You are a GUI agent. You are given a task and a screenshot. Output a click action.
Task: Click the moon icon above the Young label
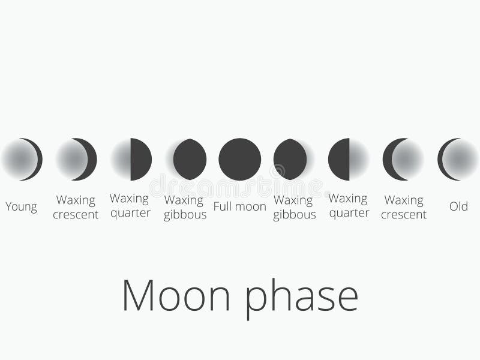pyautogui.click(x=22, y=159)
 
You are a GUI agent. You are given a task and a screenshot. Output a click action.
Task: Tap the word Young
pyautogui.click(x=21, y=207)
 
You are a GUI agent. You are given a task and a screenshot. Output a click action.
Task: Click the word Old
pyautogui.click(x=458, y=206)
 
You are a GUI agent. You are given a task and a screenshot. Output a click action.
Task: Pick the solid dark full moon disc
pyautogui.click(x=239, y=159)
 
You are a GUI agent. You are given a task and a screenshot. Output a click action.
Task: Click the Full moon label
pyautogui.click(x=239, y=206)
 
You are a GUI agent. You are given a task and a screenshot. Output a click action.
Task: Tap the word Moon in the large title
pyautogui.click(x=176, y=295)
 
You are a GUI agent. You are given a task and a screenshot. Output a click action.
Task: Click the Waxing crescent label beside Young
pyautogui.click(x=76, y=207)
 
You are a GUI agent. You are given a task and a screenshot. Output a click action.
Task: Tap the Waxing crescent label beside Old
pyautogui.click(x=404, y=207)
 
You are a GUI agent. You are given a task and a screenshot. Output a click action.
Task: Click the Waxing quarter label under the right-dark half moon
pyautogui.click(x=130, y=205)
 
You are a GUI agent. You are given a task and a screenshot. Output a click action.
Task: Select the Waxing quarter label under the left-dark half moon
pyautogui.click(x=349, y=205)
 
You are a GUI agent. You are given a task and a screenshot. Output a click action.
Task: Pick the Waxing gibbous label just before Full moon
pyautogui.click(x=185, y=207)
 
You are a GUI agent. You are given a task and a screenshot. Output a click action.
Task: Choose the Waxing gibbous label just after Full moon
pyautogui.click(x=294, y=207)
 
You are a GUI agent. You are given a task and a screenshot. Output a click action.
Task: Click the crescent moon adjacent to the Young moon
pyautogui.click(x=77, y=159)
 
